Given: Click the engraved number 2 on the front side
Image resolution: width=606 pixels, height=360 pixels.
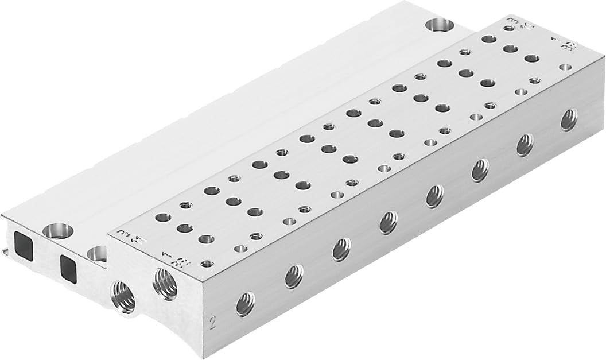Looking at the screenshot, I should coord(213,322).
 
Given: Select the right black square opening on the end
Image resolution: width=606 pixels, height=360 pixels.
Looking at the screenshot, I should coord(69,265).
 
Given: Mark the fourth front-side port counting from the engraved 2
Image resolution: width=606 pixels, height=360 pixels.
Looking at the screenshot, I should coord(389,222).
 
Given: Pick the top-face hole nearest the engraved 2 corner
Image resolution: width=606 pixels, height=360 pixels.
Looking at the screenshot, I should coord(208,264).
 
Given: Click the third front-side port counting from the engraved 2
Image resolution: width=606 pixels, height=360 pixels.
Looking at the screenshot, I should coord(342,249).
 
